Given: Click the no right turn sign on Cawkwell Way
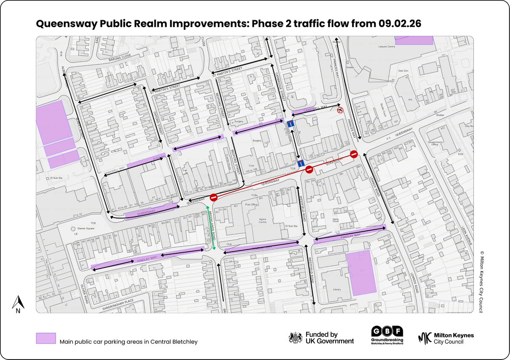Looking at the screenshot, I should [x=340, y=110].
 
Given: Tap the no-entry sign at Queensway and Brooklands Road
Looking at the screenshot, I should [x=214, y=197].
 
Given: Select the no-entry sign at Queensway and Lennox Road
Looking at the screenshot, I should [x=354, y=154].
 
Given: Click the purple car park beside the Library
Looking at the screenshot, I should [x=362, y=272].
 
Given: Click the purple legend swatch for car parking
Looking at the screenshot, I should [x=46, y=338].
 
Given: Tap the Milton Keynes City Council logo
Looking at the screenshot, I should [x=446, y=338].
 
